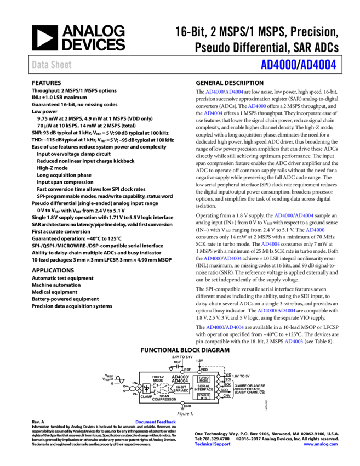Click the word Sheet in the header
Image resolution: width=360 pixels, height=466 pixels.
click(x=61, y=65)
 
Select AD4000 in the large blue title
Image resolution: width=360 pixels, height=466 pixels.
click(x=278, y=65)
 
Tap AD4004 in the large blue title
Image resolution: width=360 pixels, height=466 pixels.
click(x=318, y=65)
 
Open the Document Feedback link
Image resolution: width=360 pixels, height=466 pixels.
click(x=156, y=422)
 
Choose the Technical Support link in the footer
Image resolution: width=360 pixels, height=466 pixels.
click(x=213, y=444)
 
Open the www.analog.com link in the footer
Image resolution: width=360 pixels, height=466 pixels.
click(x=321, y=444)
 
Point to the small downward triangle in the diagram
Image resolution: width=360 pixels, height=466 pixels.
click(x=171, y=369)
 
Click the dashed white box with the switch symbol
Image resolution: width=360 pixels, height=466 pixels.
click(x=164, y=388)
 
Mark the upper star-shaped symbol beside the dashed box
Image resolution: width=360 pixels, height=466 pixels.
click(x=155, y=385)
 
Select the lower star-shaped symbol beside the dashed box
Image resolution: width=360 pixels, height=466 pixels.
click(x=155, y=392)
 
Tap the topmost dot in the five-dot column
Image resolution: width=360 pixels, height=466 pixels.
click(x=218, y=377)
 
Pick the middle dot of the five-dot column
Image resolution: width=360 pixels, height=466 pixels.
click(x=218, y=387)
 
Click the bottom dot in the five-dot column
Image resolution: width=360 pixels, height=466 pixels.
click(x=218, y=397)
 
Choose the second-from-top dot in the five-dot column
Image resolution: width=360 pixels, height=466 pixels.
click(x=218, y=382)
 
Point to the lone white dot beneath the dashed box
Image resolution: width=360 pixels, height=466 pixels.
click(x=182, y=403)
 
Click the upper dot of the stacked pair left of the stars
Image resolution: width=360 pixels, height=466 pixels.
click(x=139, y=386)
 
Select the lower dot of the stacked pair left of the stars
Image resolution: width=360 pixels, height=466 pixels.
click(x=139, y=391)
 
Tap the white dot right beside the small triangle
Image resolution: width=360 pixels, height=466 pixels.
click(x=182, y=372)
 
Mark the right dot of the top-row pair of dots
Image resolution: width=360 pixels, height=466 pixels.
click(x=199, y=372)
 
